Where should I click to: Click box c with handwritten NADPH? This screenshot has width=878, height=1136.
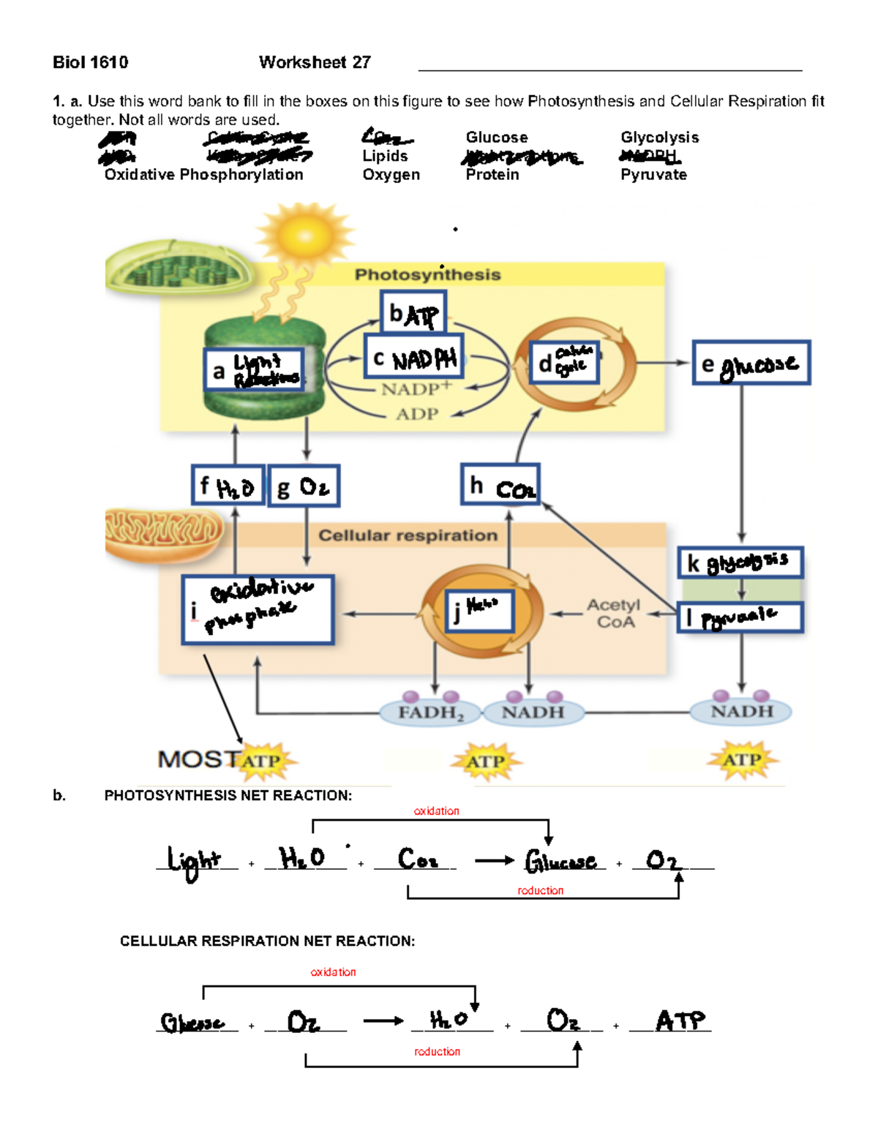point(414,358)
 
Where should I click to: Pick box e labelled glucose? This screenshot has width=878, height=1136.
point(751,363)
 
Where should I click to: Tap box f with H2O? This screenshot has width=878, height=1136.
point(228,486)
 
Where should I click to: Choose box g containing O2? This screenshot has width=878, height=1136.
point(304,486)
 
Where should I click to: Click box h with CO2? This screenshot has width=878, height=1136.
point(500,485)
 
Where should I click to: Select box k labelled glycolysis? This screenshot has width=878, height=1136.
point(740,563)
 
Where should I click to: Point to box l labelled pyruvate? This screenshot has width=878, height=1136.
point(740,617)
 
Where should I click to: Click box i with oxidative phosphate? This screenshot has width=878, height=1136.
point(258,609)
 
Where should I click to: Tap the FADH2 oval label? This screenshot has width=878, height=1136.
point(430,712)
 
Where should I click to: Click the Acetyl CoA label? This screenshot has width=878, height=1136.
point(613,613)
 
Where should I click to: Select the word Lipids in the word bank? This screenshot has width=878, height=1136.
point(385,156)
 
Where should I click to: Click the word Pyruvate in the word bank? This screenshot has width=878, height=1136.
point(653,175)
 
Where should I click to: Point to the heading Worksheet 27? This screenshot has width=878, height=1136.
point(315,62)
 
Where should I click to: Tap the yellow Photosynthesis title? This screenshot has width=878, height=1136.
point(427,274)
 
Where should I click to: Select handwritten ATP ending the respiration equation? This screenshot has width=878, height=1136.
point(680,1020)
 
